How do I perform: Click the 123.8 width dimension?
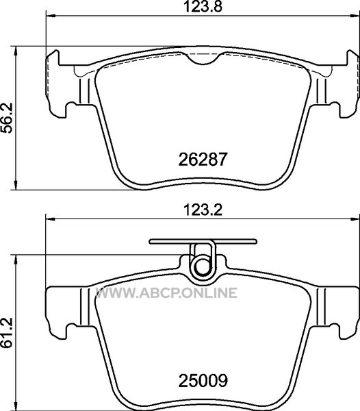pos(203,7)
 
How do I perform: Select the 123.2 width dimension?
pos(203,210)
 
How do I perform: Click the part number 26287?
pos(202,160)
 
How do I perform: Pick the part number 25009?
pos(203,381)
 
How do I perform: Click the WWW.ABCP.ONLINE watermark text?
pos(166,292)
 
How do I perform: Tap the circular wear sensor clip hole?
pos(203,266)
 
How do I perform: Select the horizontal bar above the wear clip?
pos(203,241)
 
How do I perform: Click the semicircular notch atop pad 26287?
pos(203,59)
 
